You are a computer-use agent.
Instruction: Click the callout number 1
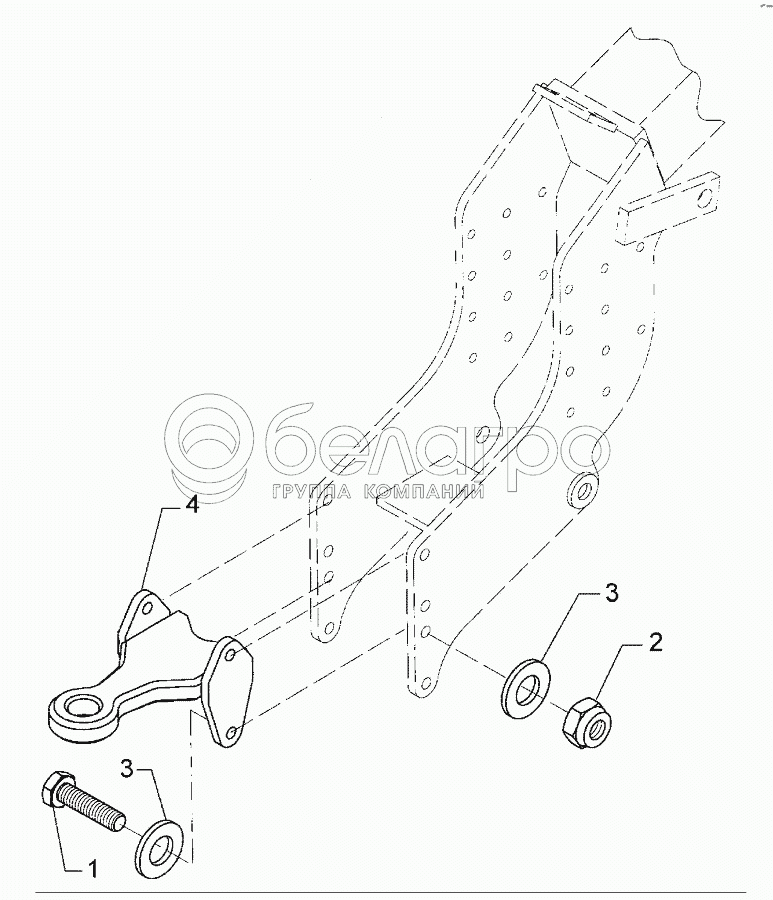[x=93, y=870]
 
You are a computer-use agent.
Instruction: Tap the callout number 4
[x=191, y=506]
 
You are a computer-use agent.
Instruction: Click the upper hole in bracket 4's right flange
[x=231, y=654]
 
